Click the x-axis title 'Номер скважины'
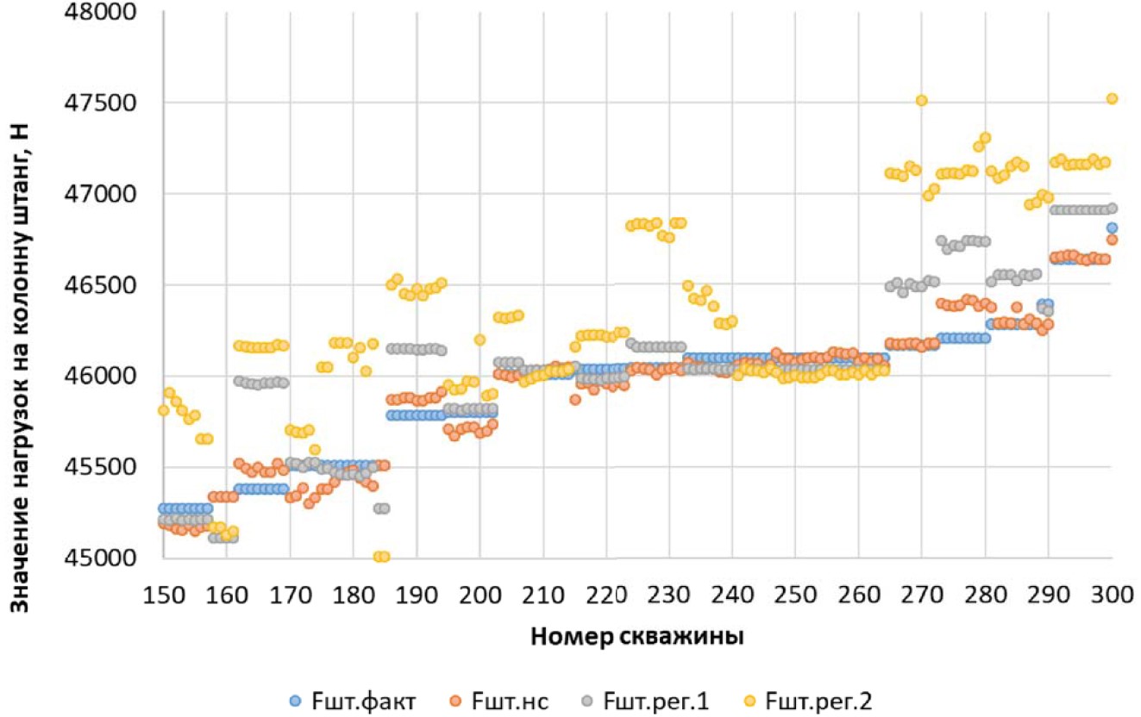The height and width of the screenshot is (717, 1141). point(637,637)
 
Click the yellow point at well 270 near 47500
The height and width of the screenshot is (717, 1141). point(922,100)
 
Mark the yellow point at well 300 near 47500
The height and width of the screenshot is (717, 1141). point(1112,98)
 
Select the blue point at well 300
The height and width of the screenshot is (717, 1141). point(1112,228)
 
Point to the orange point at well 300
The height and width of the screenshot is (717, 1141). point(1112,240)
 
